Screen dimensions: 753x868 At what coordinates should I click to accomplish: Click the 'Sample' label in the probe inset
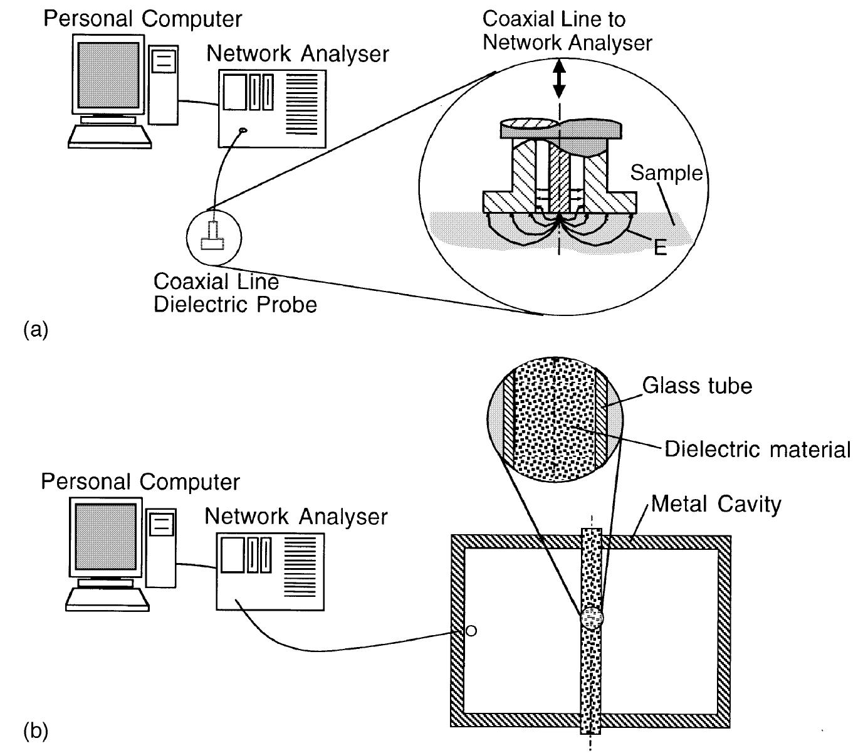(666, 172)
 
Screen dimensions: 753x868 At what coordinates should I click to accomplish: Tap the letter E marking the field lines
(659, 248)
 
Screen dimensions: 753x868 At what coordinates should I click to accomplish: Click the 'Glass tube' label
(697, 385)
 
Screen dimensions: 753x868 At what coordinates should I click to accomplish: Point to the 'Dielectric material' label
(757, 449)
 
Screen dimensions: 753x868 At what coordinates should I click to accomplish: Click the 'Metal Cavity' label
(716, 503)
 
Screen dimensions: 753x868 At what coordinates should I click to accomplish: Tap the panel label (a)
(35, 329)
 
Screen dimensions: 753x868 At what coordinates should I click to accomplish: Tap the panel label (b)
(35, 730)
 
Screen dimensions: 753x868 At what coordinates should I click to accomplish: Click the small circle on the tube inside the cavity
(592, 618)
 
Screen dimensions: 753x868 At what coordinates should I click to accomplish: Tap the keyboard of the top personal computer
(110, 136)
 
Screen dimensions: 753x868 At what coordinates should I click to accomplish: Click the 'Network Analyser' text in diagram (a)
(298, 54)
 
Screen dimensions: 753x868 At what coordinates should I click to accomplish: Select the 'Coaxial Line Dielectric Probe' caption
(235, 293)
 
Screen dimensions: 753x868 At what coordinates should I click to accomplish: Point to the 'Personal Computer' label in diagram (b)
(140, 482)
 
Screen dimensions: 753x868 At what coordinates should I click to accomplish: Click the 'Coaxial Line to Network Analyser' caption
(567, 31)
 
